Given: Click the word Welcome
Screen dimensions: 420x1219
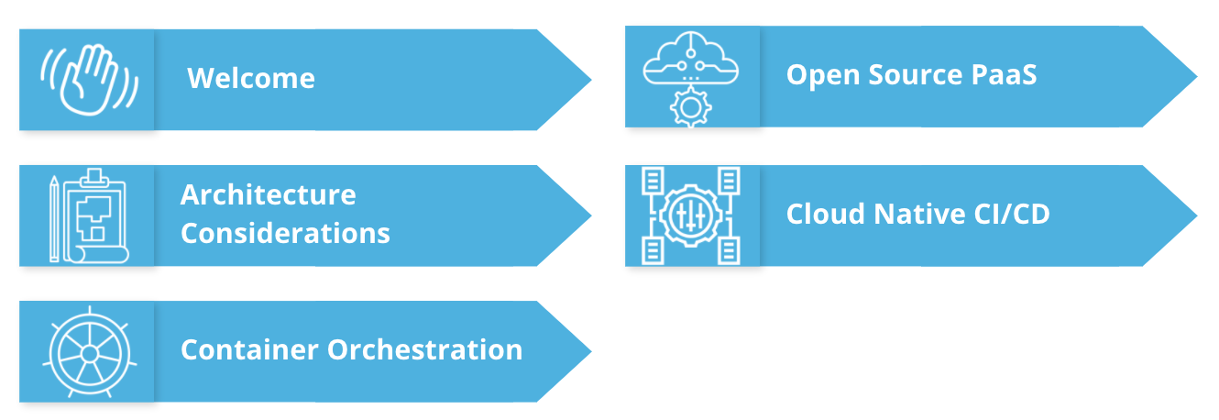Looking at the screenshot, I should coord(251,79).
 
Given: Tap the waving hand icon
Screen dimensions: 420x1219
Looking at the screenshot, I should coord(89,78).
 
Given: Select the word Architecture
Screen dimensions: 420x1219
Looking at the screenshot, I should coord(268,194).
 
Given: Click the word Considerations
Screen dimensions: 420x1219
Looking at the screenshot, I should coord(285,233).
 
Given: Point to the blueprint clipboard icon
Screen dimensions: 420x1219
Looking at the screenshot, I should coord(94,215).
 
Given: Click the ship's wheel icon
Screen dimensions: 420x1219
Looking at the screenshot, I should coord(89,352).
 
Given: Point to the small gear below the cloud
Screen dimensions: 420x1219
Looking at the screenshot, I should coord(690,107).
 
